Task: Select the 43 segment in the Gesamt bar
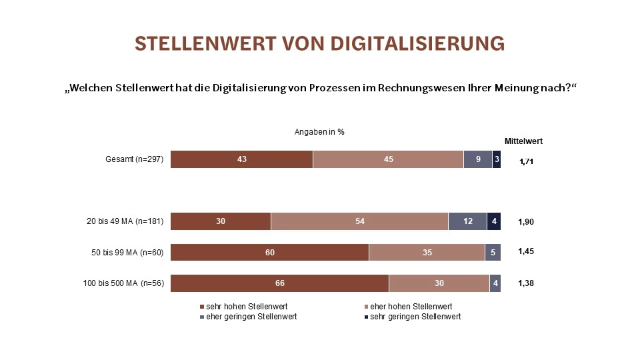241,159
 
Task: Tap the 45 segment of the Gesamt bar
388,159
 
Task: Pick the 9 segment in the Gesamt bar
477,159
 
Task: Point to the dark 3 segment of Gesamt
497,159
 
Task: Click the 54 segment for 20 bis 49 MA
359,221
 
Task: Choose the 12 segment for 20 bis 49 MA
467,221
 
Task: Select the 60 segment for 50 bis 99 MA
269,252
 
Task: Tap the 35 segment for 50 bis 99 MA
427,252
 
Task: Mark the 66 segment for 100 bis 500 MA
279,283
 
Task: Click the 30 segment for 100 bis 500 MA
439,283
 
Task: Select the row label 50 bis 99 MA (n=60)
128,252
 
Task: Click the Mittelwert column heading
523,141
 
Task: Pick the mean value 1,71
527,161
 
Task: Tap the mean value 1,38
527,283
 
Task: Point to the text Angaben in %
319,131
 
